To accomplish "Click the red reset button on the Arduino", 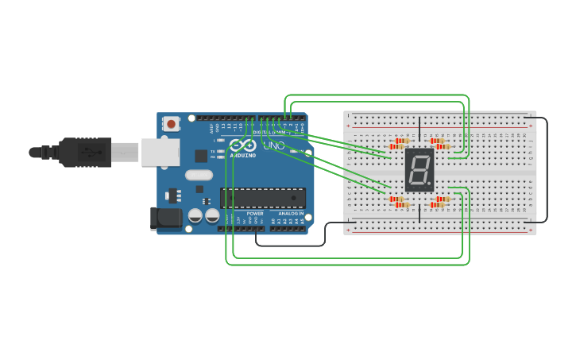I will pyautogui.click(x=171, y=123).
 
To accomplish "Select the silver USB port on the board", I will pyautogui.click(x=160, y=152).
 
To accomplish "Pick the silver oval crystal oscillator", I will pyautogui.click(x=199, y=175).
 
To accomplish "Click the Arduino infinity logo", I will pyautogui.click(x=245, y=145).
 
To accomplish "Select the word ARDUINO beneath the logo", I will pyautogui.click(x=243, y=155).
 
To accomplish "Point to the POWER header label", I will pyautogui.click(x=255, y=213).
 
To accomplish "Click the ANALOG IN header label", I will pyautogui.click(x=289, y=213).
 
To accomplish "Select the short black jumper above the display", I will pyautogui.click(x=419, y=130).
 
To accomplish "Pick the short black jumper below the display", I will pyautogui.click(x=419, y=208).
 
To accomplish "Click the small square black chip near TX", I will pyautogui.click(x=201, y=156).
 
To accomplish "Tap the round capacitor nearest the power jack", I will pyautogui.click(x=195, y=215).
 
